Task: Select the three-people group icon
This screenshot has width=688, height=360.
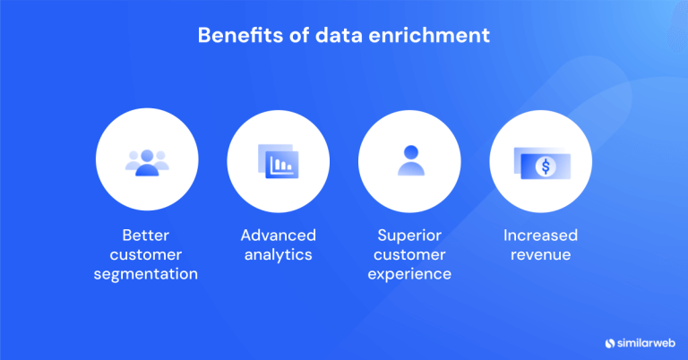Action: [x=147, y=161]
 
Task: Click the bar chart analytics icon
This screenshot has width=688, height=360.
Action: [x=278, y=162]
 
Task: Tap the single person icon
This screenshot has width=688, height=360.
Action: [x=409, y=161]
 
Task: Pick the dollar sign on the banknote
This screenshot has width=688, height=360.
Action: [x=541, y=165]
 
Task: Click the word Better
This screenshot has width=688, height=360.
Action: [x=147, y=236]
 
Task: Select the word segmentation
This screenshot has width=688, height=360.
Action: [x=147, y=274]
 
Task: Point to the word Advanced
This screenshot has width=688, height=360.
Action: [x=278, y=236]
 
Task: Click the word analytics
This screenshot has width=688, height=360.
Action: [x=278, y=255]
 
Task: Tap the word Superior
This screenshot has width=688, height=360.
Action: [x=409, y=236]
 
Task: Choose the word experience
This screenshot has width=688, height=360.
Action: [x=409, y=274]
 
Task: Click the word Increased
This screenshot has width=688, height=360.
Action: [x=540, y=236]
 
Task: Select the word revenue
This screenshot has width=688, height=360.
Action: [x=540, y=255]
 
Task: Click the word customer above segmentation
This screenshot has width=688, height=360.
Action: [x=147, y=255]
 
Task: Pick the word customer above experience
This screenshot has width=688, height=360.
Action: [x=409, y=255]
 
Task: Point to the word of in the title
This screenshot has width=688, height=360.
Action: [x=303, y=37]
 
